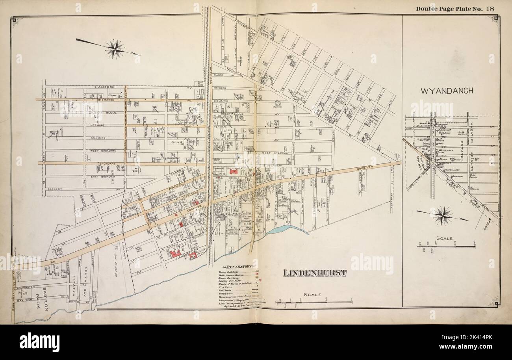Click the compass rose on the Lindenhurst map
[115, 49]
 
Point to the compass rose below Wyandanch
[443, 215]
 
